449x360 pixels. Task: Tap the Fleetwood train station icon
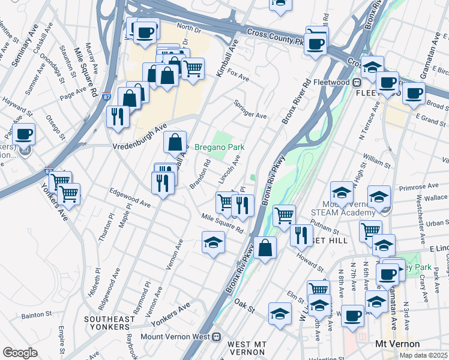point(356,82)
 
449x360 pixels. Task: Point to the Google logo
point(20,353)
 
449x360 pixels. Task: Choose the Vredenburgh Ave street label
point(139,137)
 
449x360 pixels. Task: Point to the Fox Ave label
point(238,77)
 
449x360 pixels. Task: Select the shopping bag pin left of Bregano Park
point(175,143)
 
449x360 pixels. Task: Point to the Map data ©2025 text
point(424,355)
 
